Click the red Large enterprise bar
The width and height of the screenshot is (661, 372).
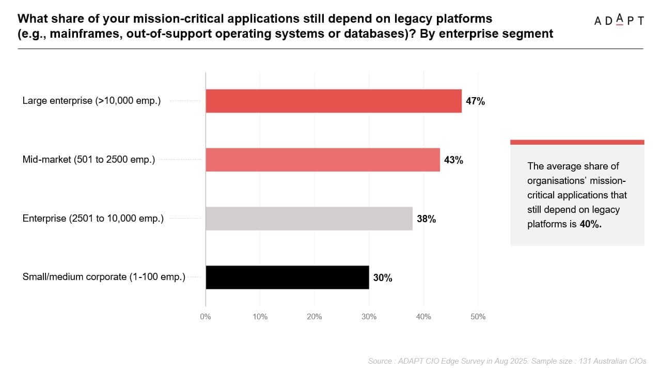(334, 101)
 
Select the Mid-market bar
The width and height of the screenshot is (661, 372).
(323, 160)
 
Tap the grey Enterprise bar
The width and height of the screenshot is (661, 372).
(309, 219)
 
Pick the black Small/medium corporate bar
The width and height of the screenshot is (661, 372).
(287, 277)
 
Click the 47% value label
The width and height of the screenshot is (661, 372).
(475, 101)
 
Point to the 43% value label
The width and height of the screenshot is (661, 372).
(453, 160)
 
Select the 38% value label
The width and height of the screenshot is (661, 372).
(426, 219)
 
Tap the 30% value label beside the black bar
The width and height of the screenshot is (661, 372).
(383, 278)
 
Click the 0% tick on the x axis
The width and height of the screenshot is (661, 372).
(206, 317)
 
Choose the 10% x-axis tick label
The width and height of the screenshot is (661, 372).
(260, 317)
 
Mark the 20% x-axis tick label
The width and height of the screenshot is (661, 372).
(314, 317)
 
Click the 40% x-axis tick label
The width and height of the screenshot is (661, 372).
(423, 317)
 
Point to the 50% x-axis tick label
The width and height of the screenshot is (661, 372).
(478, 317)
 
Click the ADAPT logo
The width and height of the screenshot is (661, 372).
(619, 20)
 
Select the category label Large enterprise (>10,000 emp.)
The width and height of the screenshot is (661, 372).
(91, 101)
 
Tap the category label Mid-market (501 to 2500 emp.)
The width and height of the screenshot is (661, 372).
(88, 160)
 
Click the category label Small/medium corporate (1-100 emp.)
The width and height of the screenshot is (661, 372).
(104, 277)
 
